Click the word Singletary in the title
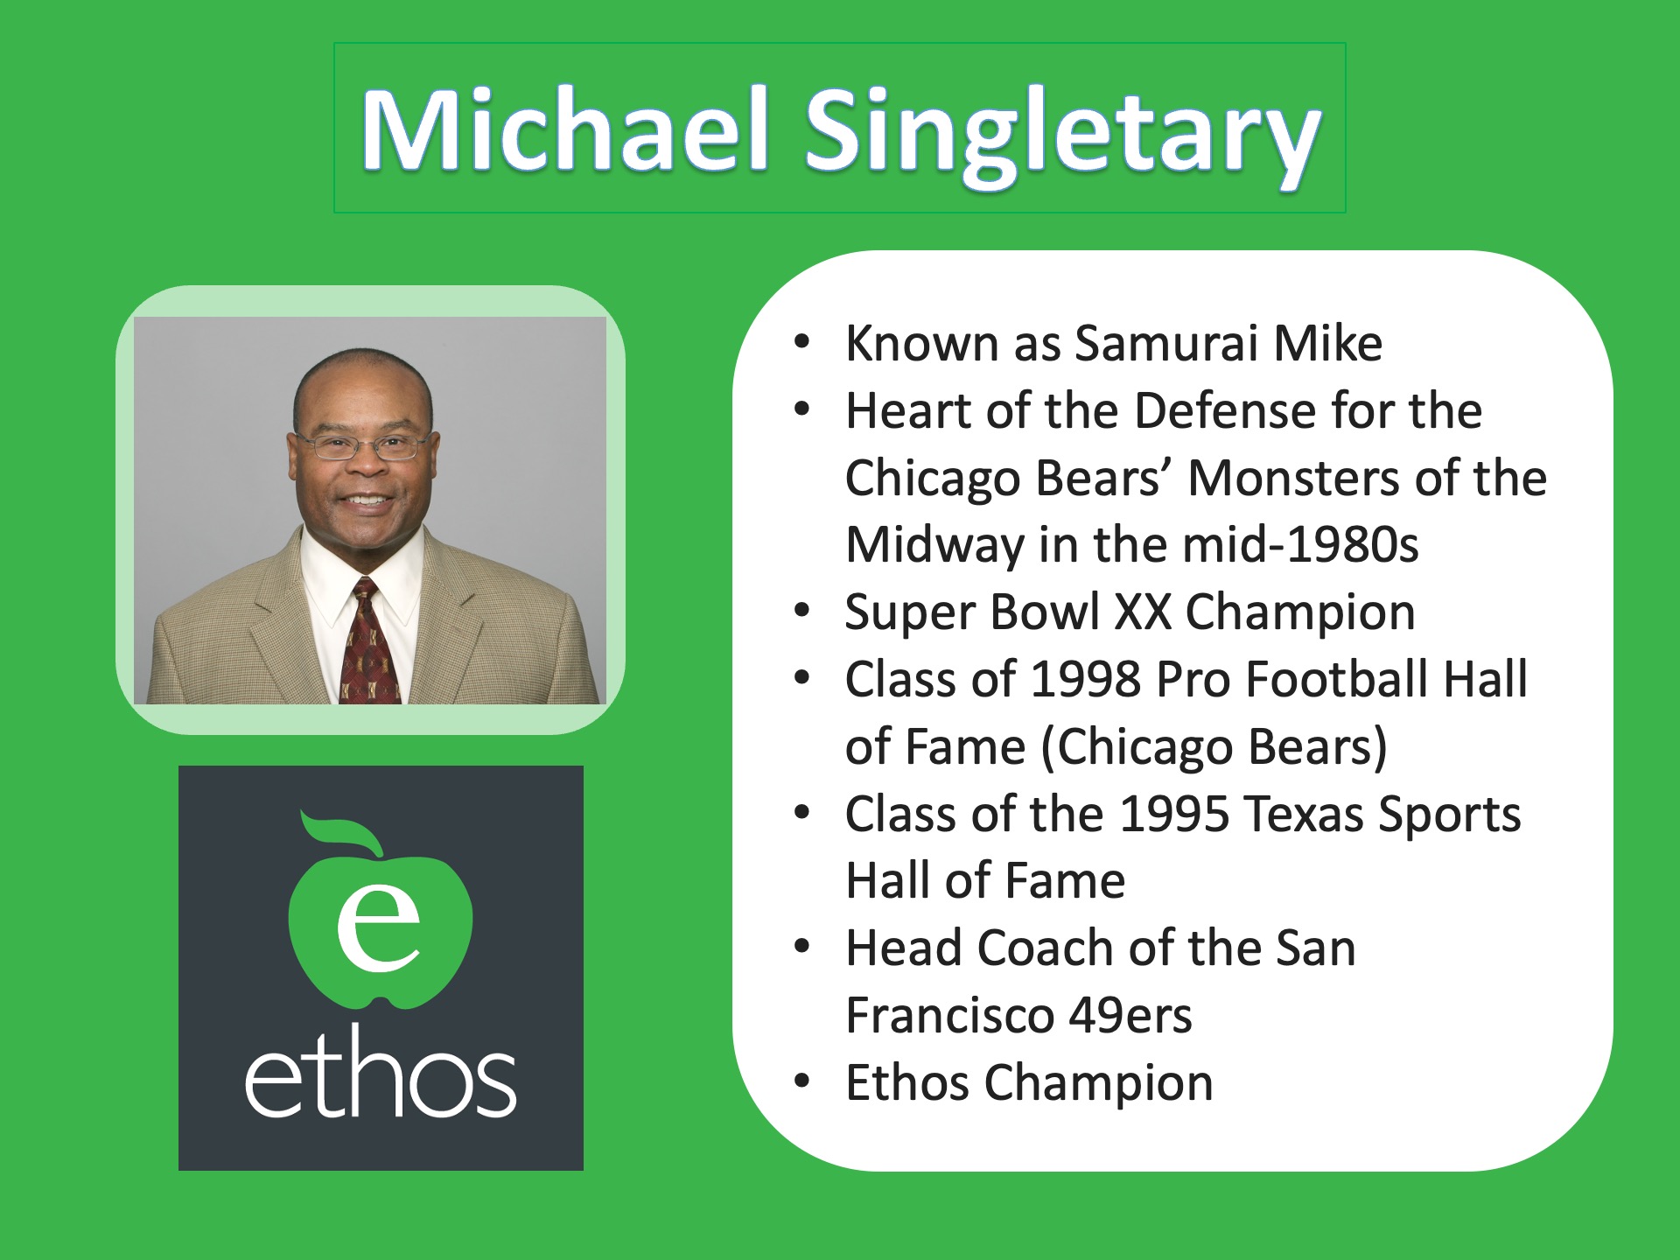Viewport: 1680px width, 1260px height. pos(1062,136)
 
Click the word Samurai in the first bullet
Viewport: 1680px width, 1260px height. pos(1166,342)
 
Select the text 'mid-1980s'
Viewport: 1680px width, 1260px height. pos(1300,544)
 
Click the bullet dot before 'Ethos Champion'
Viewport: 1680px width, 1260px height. pos(802,1082)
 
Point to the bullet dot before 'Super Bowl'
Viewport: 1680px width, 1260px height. pos(802,612)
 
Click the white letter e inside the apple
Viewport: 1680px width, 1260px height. pos(379,927)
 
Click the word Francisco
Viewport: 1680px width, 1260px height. pos(949,1015)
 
